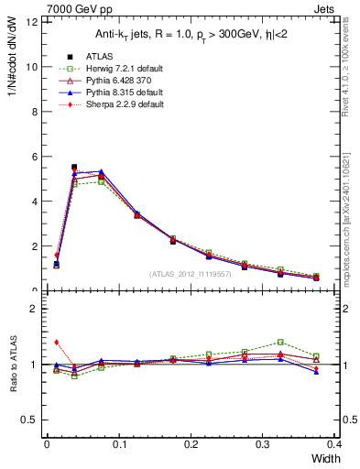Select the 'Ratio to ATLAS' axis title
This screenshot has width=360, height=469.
click(14, 365)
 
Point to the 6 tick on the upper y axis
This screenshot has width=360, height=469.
click(35, 157)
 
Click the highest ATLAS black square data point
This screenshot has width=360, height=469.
click(74, 168)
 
